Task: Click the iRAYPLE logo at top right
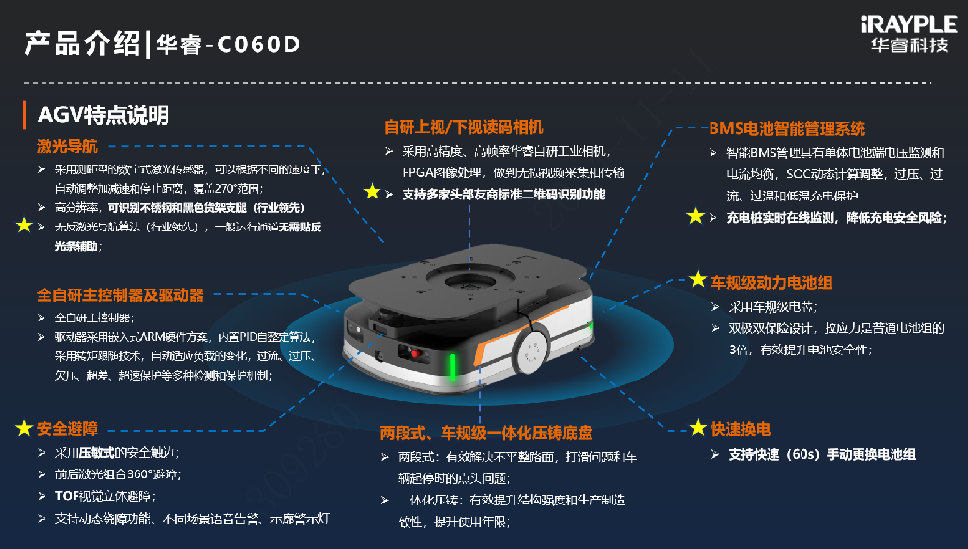(913, 35)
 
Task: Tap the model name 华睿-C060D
(226, 44)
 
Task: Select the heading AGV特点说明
(103, 115)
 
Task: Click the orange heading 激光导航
(67, 147)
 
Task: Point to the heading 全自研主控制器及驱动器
(121, 294)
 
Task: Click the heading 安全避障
(67, 427)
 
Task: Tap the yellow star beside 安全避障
(23, 427)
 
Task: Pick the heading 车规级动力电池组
(771, 283)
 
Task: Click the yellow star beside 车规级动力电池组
(697, 280)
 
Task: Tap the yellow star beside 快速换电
(697, 428)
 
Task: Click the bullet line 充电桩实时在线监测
(835, 217)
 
